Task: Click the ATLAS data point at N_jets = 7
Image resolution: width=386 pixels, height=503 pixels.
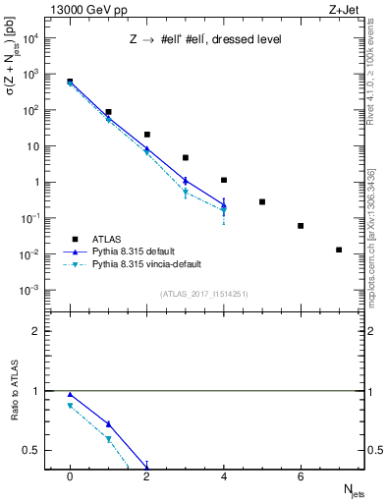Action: pyautogui.click(x=339, y=250)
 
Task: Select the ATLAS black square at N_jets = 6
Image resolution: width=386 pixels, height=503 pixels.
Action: pyautogui.click(x=301, y=226)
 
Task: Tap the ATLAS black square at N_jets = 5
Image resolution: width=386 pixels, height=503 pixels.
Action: pyautogui.click(x=262, y=201)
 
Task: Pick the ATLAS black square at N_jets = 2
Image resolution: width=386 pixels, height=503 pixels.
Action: pyautogui.click(x=146, y=135)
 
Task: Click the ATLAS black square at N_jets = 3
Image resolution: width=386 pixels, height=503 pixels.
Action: pyautogui.click(x=185, y=157)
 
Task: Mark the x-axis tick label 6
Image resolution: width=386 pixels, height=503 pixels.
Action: pyautogui.click(x=301, y=475)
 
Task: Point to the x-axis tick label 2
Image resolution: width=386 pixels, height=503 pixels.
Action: pyautogui.click(x=146, y=475)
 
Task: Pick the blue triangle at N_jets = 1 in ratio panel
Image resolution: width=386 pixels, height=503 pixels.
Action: pyautogui.click(x=108, y=424)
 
